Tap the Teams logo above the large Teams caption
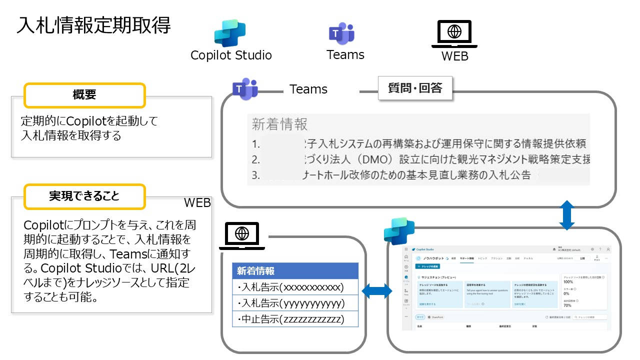pos(341,33)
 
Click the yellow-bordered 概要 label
pos(84,95)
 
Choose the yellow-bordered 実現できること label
pos(84,196)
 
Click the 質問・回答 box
pos(415,88)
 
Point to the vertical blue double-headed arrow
pos(566,215)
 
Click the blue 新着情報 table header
pos(295,271)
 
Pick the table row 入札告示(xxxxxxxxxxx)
pos(295,287)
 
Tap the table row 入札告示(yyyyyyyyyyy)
pos(295,303)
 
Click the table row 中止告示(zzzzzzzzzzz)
pos(295,319)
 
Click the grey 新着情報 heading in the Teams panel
pos(279,124)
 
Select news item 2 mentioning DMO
pos(420,160)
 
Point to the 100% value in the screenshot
pos(568,281)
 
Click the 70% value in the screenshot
pos(567,305)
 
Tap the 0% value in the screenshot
pos(566,293)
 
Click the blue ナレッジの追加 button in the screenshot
pos(429,267)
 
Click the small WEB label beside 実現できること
pos(197,202)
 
